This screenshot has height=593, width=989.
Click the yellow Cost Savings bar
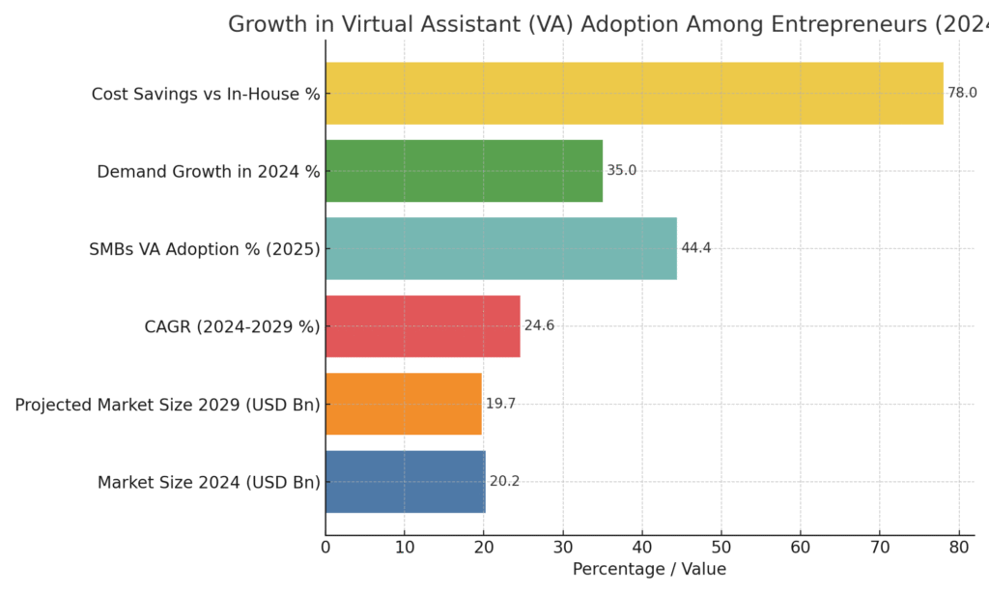pos(634,94)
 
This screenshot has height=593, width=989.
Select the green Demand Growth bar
pos(464,171)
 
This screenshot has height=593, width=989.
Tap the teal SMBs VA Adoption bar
pos(500,248)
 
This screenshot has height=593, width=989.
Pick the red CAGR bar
pos(422,326)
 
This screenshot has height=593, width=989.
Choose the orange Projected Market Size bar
pos(403,404)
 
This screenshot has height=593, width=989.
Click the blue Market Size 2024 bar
pos(405,481)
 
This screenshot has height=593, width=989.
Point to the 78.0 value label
pos(962,94)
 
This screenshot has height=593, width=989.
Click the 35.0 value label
pos(621,171)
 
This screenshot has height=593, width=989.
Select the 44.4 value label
pos(695,248)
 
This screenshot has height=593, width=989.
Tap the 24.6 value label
pos(539,326)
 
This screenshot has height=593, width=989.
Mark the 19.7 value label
pos(500,404)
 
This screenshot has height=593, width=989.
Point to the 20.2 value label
pos(504,481)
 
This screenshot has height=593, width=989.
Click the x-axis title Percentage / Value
pos(649,570)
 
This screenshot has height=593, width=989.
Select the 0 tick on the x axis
pos(325,549)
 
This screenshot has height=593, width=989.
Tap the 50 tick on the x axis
pos(721,549)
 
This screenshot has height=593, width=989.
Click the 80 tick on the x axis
pos(958,549)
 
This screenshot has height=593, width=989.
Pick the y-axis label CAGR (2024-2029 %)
pos(232,326)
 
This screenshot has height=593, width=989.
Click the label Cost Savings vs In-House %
pos(206,94)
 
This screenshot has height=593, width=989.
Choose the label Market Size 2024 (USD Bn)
pos(209,482)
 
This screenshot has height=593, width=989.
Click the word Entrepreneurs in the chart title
pos(844,25)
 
